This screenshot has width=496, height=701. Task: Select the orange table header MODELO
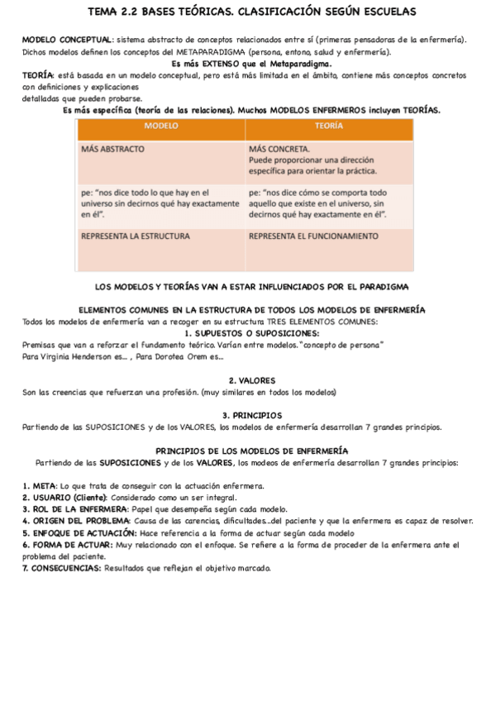(160, 126)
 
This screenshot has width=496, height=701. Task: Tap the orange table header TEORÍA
(329, 126)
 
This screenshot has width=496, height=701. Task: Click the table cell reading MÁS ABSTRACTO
(112, 150)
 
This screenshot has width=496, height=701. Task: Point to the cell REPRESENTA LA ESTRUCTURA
(135, 236)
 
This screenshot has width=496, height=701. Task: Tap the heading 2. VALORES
(252, 380)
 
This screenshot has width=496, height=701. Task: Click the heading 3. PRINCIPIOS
(252, 415)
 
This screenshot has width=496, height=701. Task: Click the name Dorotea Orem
(181, 356)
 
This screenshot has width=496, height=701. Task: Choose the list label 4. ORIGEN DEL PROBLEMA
(76, 521)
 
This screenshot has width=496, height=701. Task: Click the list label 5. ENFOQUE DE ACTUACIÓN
(79, 533)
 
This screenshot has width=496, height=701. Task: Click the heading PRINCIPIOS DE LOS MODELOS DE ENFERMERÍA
(252, 451)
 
